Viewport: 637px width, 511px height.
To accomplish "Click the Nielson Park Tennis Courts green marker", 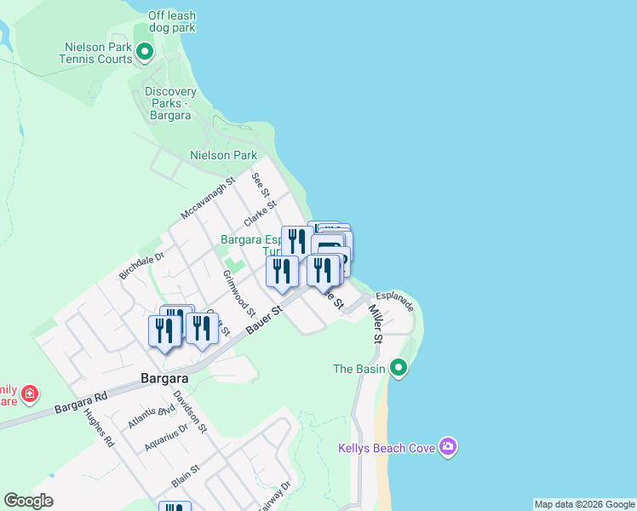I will coord(145,53).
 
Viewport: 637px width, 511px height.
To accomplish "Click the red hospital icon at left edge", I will coord(31,393).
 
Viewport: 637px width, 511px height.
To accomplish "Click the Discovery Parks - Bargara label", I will coord(170,103).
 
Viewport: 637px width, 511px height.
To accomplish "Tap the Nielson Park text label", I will coord(223,156).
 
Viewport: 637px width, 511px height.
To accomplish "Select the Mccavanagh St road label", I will coord(207,198).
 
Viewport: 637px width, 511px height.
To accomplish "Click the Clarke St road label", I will coord(261,213).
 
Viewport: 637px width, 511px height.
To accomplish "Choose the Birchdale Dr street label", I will coord(141,264).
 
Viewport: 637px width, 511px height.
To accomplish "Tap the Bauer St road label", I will coord(264,320).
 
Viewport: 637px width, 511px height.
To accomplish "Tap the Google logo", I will coord(28,501).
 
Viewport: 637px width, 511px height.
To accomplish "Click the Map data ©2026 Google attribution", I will coord(585,504).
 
